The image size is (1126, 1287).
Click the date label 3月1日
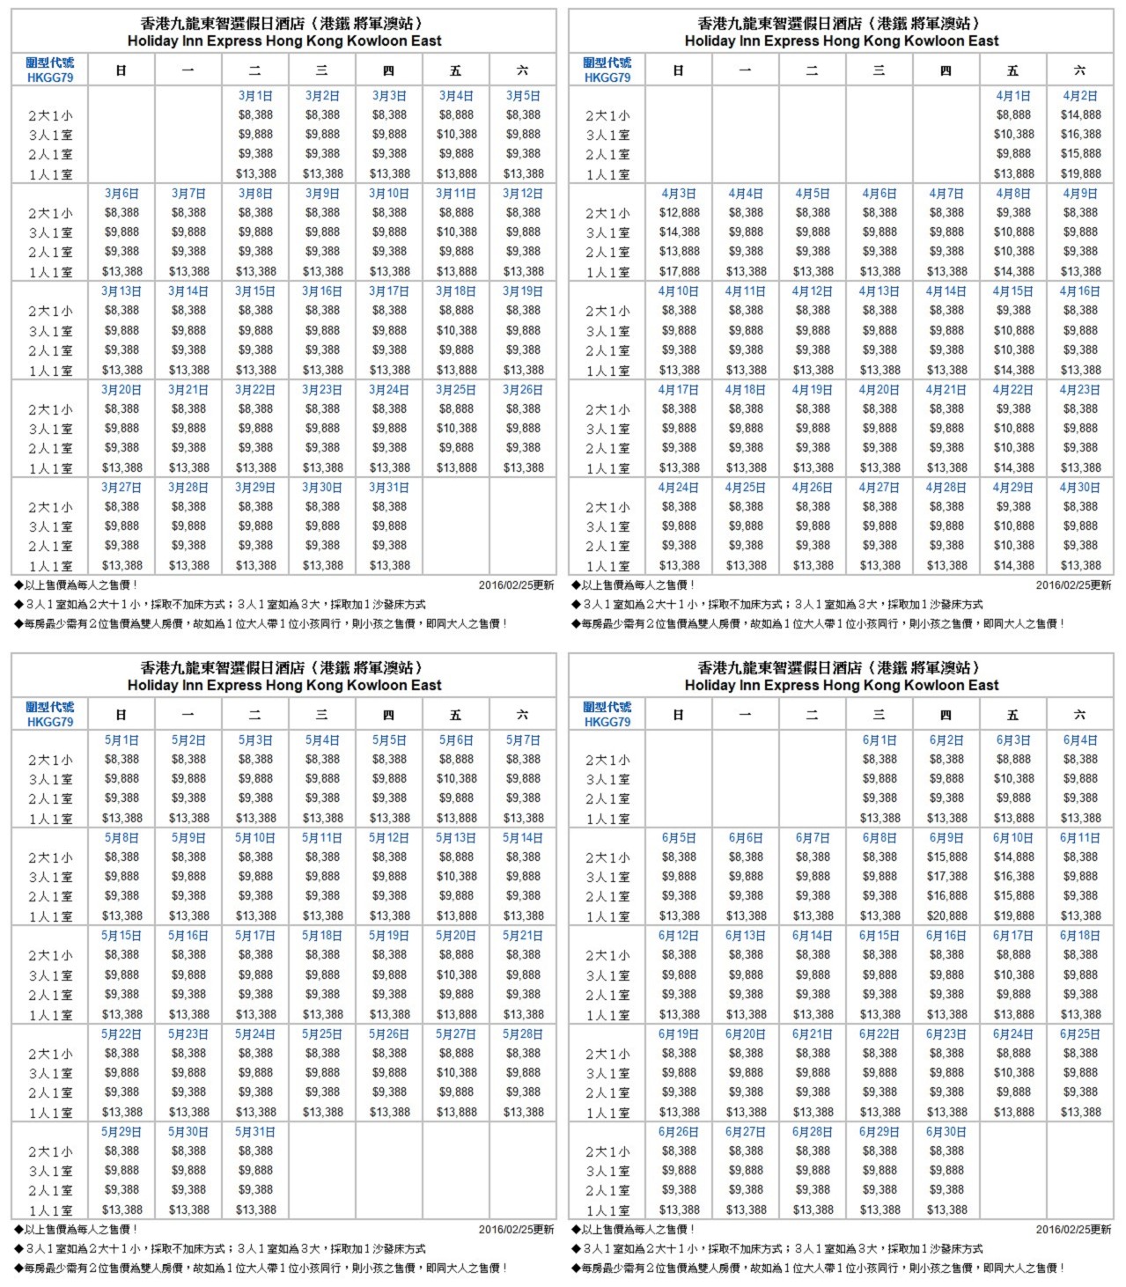coord(255,96)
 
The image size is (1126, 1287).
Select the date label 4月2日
coord(1080,96)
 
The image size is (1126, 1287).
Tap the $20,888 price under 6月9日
coord(946,916)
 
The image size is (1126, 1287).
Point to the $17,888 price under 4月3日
coord(679,271)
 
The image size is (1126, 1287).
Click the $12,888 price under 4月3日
coord(679,212)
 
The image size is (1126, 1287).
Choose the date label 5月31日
coord(255,1132)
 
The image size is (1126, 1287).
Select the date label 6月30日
coord(946,1132)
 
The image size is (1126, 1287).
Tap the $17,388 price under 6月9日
coord(946,877)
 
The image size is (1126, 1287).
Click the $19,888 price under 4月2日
coord(1080,173)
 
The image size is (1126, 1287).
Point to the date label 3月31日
coord(389,488)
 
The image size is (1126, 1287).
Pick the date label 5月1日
coord(121,740)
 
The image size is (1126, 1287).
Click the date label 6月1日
coord(879,740)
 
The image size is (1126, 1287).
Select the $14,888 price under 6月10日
coord(1013,857)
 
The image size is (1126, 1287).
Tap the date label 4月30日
coord(1080,488)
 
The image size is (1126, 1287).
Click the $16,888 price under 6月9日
coord(946,896)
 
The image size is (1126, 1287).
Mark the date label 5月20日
coord(456,936)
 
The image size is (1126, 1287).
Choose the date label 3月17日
coord(389,291)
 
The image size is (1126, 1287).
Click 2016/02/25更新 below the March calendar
coord(516,585)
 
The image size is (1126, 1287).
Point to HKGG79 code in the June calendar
coord(607,722)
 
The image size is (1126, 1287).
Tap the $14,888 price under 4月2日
coord(1080,114)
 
